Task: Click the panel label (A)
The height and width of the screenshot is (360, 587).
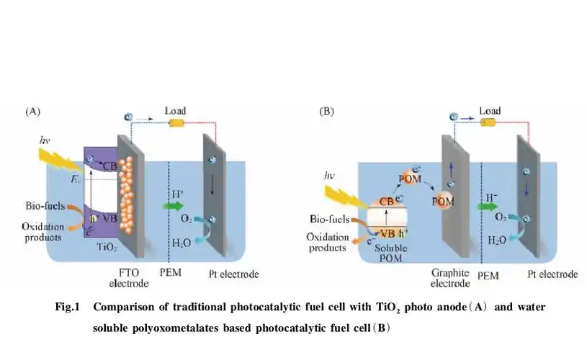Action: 33,112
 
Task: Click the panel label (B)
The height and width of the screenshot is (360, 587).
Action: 327,112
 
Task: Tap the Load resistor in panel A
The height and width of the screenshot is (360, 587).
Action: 176,123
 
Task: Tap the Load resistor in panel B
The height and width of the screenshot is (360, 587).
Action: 488,123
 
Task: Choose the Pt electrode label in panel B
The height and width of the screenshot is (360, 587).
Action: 552,274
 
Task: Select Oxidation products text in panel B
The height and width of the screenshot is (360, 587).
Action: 328,243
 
